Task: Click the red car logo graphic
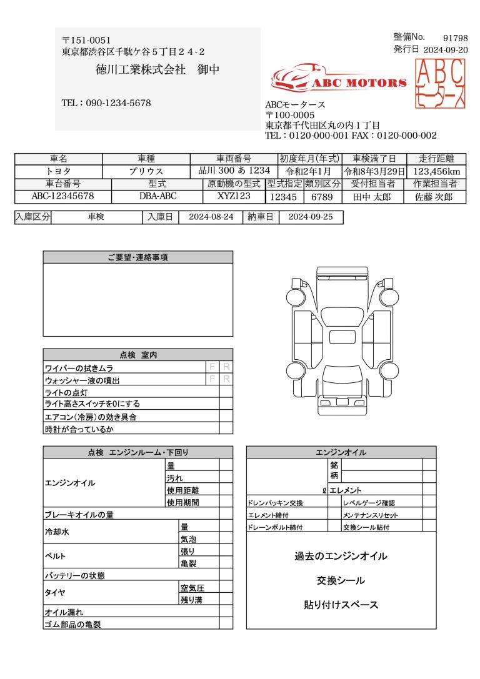pos(296,79)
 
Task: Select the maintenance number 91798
pos(455,38)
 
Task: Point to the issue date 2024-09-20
pos(445,50)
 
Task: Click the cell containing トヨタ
pos(58,171)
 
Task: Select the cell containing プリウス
pos(146,171)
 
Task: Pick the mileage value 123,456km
pos(437,171)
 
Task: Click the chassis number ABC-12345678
pos(62,196)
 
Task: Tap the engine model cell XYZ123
pos(234,196)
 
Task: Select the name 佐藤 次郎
pos(436,197)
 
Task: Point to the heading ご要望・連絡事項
pos(137,257)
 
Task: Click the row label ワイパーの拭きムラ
pos(79,369)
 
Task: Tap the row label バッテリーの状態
pos(74,575)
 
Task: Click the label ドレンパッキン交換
pos(276,503)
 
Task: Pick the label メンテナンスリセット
pos(371,515)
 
